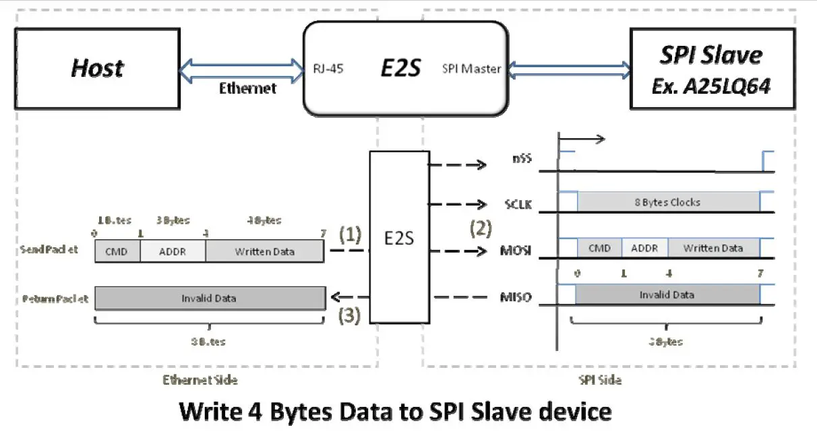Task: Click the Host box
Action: (x=98, y=68)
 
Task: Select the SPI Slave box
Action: (x=712, y=68)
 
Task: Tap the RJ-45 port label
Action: (x=328, y=68)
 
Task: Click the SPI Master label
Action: (x=471, y=68)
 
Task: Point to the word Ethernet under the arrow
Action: (x=247, y=88)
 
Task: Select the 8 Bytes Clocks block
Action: (x=667, y=202)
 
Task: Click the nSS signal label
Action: (x=520, y=161)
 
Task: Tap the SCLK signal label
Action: (x=518, y=204)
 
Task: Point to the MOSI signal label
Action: (x=518, y=251)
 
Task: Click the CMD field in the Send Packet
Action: (x=117, y=252)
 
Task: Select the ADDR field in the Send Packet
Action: (x=173, y=252)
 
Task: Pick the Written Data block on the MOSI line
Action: (x=713, y=248)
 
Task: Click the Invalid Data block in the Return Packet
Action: (x=209, y=298)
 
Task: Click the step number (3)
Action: (x=350, y=315)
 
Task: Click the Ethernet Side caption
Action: (x=200, y=380)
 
